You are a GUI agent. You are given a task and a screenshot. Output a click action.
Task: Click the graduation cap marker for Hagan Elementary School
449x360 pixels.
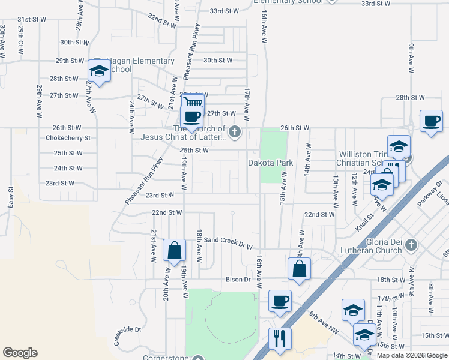[x=98, y=71]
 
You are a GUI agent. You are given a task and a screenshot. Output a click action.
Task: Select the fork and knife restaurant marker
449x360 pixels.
[x=280, y=338]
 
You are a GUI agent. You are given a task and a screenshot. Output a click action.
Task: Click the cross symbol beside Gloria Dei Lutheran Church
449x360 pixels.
[x=411, y=245]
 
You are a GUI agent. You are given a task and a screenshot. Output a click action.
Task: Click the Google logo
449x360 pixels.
[x=20, y=353]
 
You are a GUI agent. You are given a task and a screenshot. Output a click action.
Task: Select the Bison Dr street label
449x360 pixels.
[x=238, y=280]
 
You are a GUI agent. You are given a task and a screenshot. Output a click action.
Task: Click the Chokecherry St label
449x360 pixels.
[x=68, y=137]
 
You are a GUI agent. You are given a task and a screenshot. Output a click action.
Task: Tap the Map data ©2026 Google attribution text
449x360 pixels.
[x=412, y=355]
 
